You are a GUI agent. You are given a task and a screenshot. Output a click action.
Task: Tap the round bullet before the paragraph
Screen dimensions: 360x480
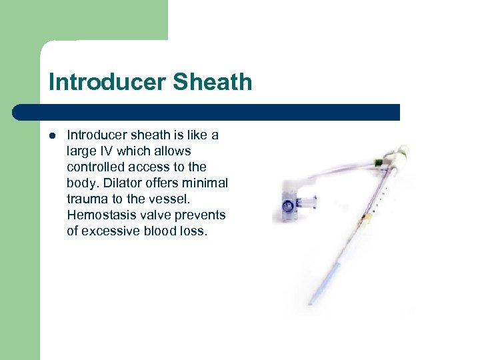pyautogui.click(x=52, y=135)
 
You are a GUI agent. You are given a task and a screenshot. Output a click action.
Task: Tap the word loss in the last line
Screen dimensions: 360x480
pyautogui.click(x=192, y=231)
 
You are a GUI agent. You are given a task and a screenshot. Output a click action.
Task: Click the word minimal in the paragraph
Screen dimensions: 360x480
pyautogui.click(x=206, y=183)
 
